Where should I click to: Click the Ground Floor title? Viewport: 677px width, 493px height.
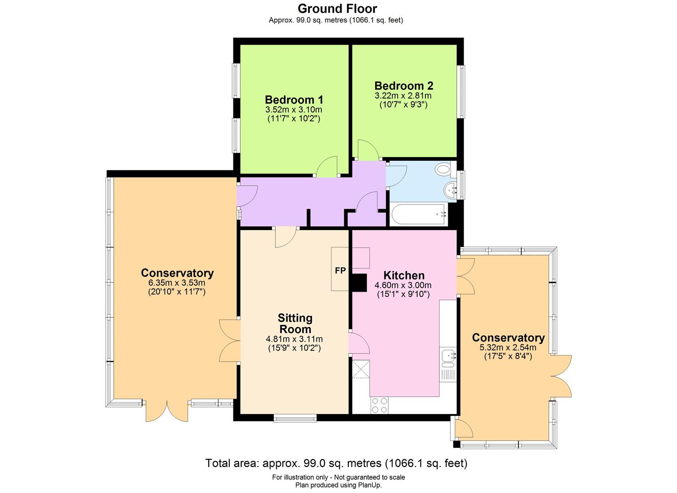(x=337, y=8)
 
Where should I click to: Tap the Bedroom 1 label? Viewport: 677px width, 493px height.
(x=294, y=100)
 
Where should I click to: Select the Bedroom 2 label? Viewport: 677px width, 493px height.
(x=403, y=86)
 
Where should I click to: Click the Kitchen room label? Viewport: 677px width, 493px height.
(x=403, y=275)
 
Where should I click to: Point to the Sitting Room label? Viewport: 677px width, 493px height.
(x=295, y=323)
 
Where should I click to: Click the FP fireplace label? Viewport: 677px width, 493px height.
(x=340, y=270)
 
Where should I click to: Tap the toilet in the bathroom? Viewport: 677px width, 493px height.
(x=443, y=170)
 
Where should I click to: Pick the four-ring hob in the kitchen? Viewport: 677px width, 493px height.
(x=379, y=404)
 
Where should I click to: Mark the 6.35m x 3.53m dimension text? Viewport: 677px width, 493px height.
(x=177, y=283)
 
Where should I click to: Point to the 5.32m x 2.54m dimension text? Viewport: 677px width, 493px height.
(x=508, y=347)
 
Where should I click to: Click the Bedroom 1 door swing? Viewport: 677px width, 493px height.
(x=326, y=167)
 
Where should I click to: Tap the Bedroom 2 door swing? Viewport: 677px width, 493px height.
(x=367, y=150)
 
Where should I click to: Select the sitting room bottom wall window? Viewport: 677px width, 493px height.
(x=295, y=417)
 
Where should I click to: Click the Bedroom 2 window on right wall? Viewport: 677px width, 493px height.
(x=462, y=91)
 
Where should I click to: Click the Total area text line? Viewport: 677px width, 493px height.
(x=336, y=463)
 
